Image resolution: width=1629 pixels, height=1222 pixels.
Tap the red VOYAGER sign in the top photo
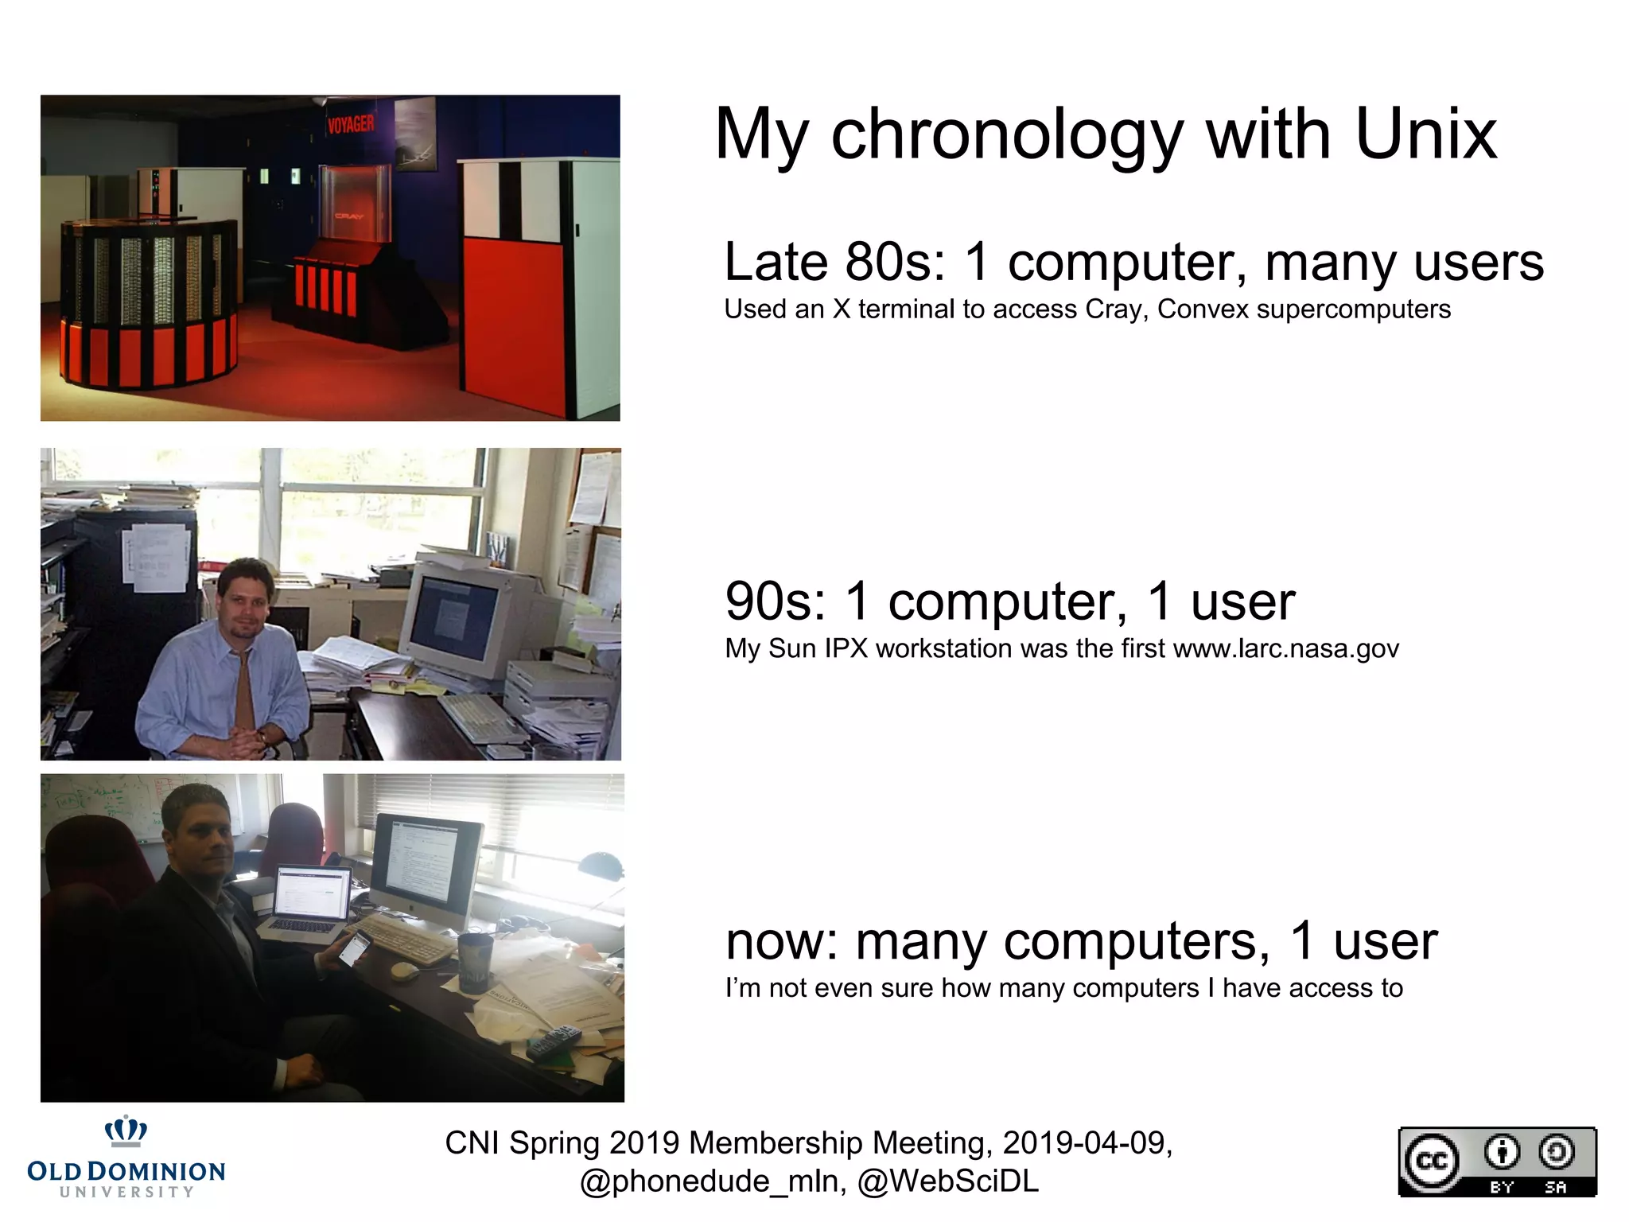click(x=351, y=124)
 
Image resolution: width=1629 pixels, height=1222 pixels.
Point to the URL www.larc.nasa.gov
click(x=1285, y=648)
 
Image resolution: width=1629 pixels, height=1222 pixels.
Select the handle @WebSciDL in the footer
click(x=948, y=1181)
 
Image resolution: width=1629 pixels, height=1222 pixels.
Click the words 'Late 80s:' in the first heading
click(x=835, y=262)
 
